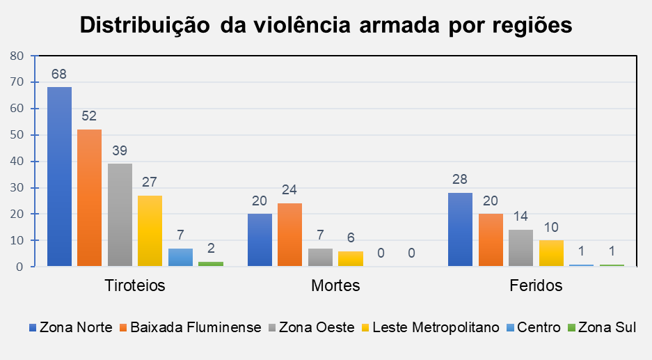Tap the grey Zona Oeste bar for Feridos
coord(520,248)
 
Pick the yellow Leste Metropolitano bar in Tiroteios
coord(150,230)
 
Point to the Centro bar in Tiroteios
coord(180,257)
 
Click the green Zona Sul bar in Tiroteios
coord(210,263)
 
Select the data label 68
coord(59,74)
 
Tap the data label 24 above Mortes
coord(289,190)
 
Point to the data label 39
coord(120,150)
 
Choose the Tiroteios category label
coord(134,285)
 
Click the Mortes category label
coord(335,285)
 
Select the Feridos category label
coord(535,285)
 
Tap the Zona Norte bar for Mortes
coord(260,240)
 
